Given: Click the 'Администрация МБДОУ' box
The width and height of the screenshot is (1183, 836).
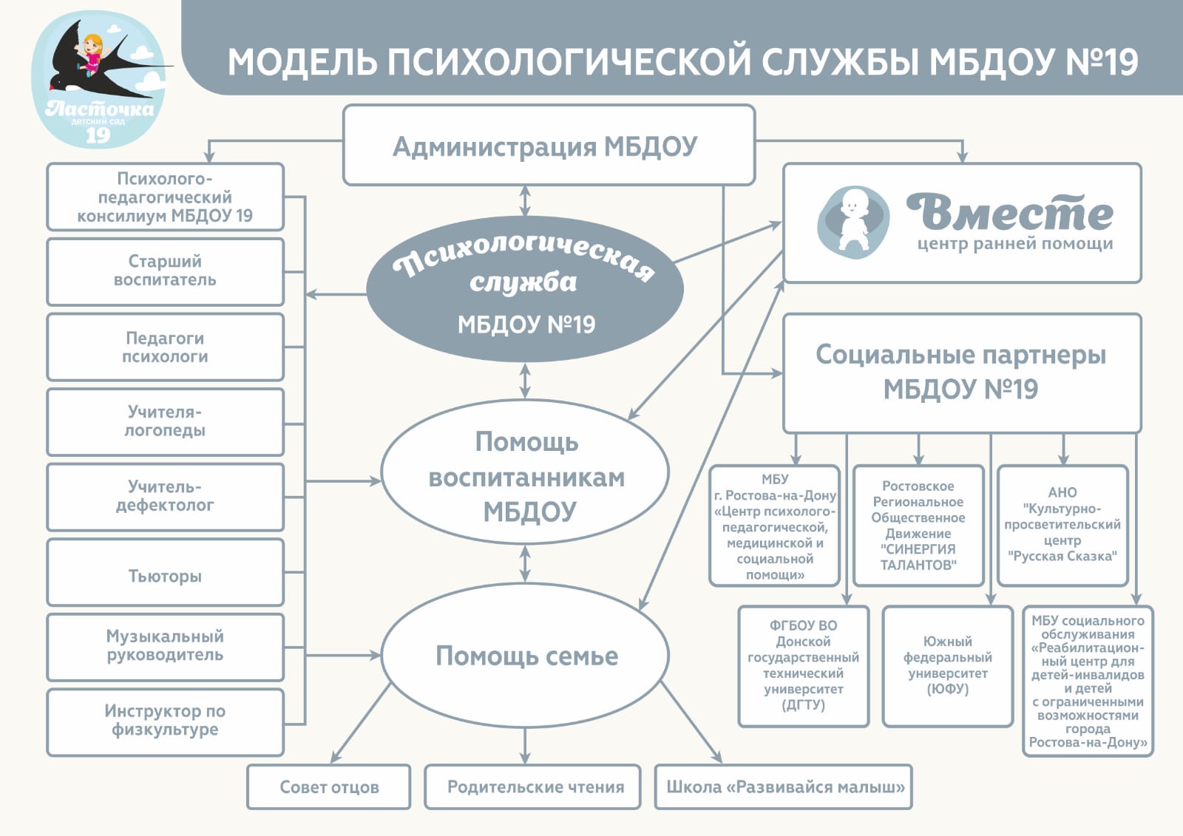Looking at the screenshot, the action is point(549,145).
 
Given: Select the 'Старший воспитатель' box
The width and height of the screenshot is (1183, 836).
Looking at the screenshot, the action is point(166,271).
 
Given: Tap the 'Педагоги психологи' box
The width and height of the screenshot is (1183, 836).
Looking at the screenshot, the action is point(166,347).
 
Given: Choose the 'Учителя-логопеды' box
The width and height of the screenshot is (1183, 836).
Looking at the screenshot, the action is point(166,422).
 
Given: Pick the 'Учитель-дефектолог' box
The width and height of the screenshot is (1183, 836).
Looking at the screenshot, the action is point(166,497).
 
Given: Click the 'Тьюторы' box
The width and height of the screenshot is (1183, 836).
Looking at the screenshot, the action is point(166,572).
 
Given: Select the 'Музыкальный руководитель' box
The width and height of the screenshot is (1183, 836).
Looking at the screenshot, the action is point(166,647).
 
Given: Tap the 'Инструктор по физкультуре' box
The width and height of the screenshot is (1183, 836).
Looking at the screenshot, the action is point(166,722).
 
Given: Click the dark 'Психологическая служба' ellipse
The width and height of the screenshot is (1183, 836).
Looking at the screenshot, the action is point(525,289).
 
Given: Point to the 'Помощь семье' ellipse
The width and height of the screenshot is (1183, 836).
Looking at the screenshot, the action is point(525,656).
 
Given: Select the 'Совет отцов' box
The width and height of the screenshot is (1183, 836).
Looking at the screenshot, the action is point(328,786).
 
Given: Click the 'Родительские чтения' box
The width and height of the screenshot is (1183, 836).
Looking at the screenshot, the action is point(532,786).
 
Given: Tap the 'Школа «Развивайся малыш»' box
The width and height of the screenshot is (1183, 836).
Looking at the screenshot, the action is point(783,786).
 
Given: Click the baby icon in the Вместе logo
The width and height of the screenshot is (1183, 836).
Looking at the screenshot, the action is point(853,221).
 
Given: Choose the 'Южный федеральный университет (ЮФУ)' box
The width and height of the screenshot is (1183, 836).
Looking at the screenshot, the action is point(947,666).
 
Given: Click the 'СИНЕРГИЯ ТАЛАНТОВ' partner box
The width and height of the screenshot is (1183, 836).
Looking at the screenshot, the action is point(918,526).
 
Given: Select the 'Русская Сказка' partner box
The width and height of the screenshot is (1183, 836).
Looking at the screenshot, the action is point(1062,526).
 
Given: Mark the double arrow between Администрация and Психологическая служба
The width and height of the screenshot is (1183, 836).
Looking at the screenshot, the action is point(525,200).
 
